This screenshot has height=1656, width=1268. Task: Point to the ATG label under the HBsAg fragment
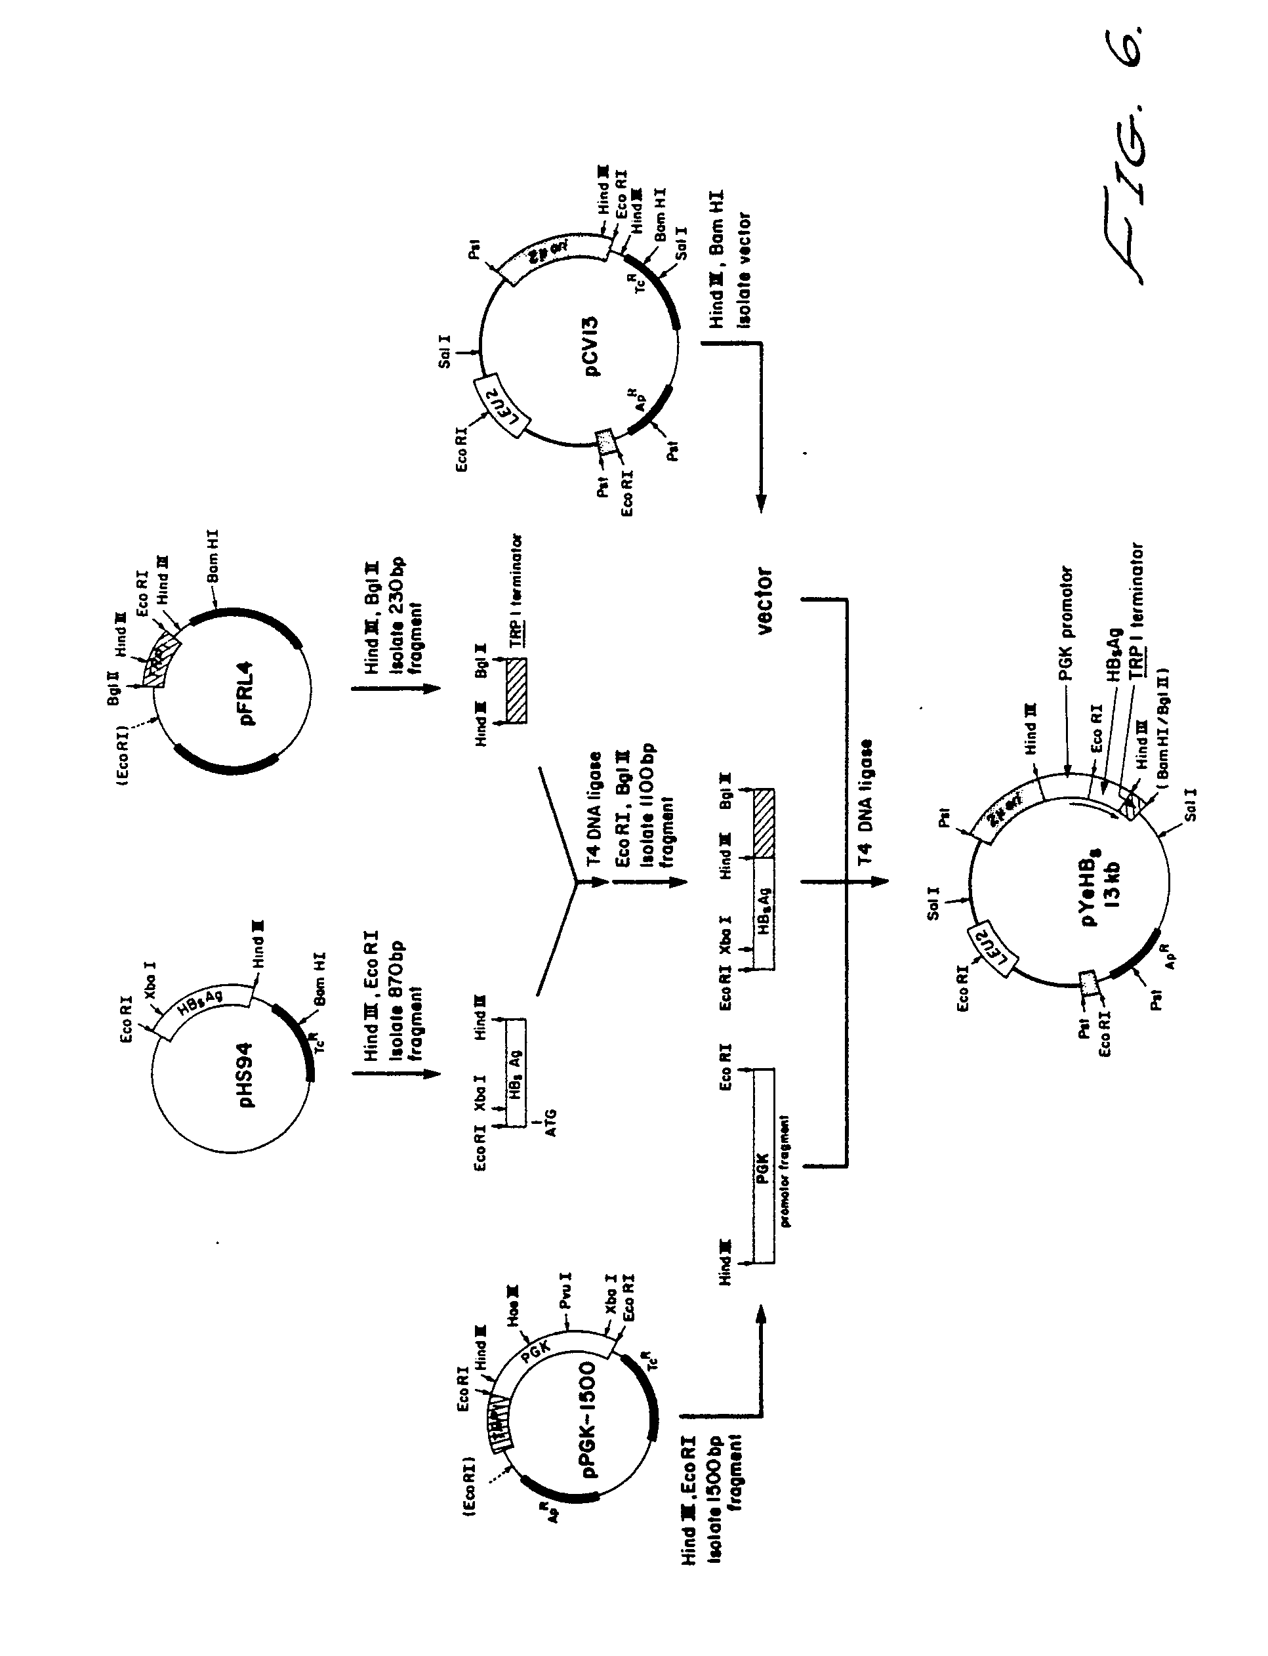(x=550, y=1123)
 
